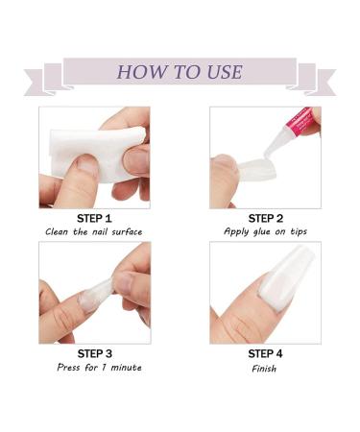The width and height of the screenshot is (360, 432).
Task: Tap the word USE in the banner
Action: (x=225, y=72)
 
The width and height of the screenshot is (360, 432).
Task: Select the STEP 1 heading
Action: (x=94, y=219)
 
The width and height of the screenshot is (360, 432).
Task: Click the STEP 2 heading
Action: (x=266, y=219)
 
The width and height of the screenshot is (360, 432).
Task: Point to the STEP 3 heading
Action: (x=95, y=353)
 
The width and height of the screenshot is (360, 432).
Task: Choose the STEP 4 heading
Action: (x=265, y=354)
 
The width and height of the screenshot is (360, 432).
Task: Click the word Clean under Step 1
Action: (x=57, y=231)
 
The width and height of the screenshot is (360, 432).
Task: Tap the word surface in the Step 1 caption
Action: (x=127, y=231)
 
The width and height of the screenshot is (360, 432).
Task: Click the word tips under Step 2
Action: (x=299, y=231)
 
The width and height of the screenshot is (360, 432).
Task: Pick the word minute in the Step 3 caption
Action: (x=126, y=367)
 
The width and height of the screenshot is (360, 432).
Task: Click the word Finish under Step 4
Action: (x=264, y=369)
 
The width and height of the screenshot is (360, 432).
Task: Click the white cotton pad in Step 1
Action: (x=96, y=154)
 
